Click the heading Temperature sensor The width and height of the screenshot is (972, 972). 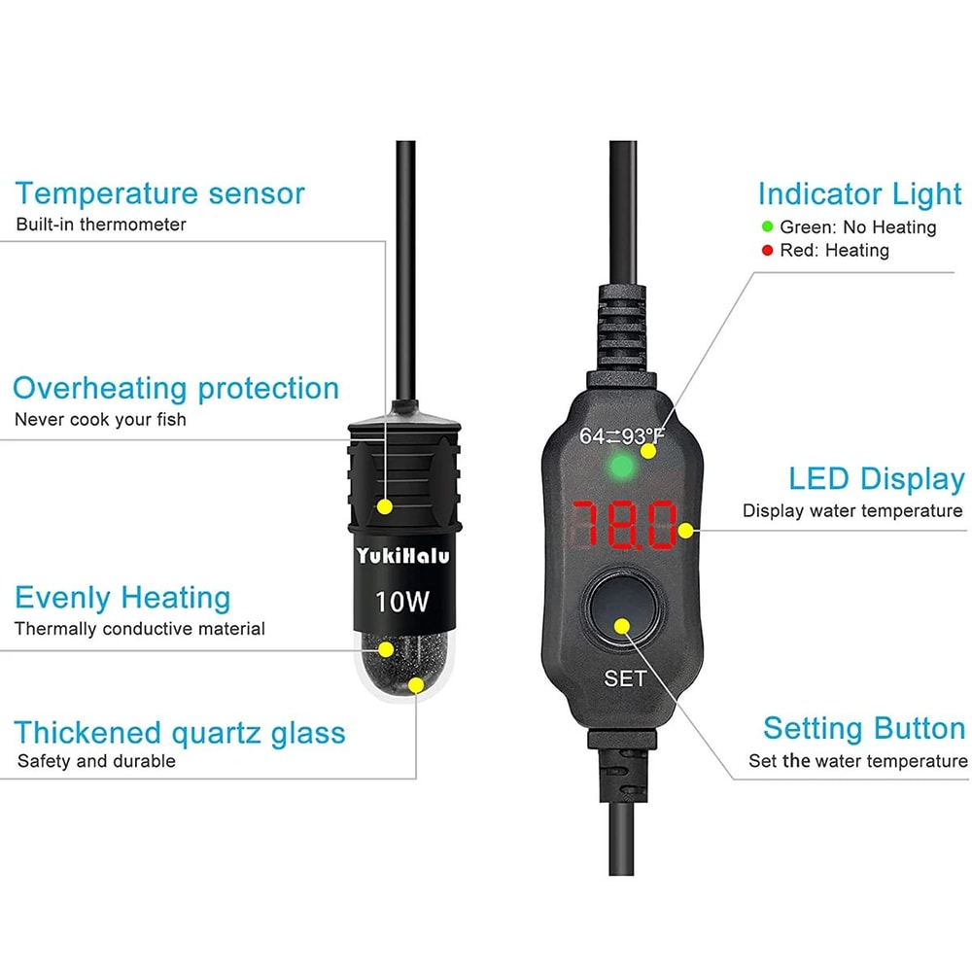pyautogui.click(x=159, y=193)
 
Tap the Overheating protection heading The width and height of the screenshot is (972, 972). pyautogui.click(x=176, y=389)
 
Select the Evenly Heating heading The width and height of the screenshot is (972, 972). pyautogui.click(x=122, y=597)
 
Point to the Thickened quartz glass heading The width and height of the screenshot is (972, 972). pyautogui.click(x=180, y=732)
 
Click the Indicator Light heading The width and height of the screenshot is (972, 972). pyautogui.click(x=859, y=193)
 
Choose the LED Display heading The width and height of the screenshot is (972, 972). pyautogui.click(x=876, y=479)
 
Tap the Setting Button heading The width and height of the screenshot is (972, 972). pyautogui.click(x=863, y=728)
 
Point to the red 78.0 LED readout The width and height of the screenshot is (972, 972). pyautogui.click(x=624, y=526)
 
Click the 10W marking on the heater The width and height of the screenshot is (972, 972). pyautogui.click(x=402, y=602)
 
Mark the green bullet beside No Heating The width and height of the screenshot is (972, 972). pyautogui.click(x=768, y=227)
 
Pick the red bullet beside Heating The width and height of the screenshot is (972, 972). pyautogui.click(x=768, y=251)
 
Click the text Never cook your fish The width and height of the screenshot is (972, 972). pyautogui.click(x=100, y=420)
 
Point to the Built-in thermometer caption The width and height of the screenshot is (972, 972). pyautogui.click(x=101, y=225)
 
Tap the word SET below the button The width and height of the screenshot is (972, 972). pyautogui.click(x=625, y=678)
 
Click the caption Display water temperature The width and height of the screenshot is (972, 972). pyautogui.click(x=852, y=511)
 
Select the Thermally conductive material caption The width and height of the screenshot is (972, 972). pyautogui.click(x=140, y=629)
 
